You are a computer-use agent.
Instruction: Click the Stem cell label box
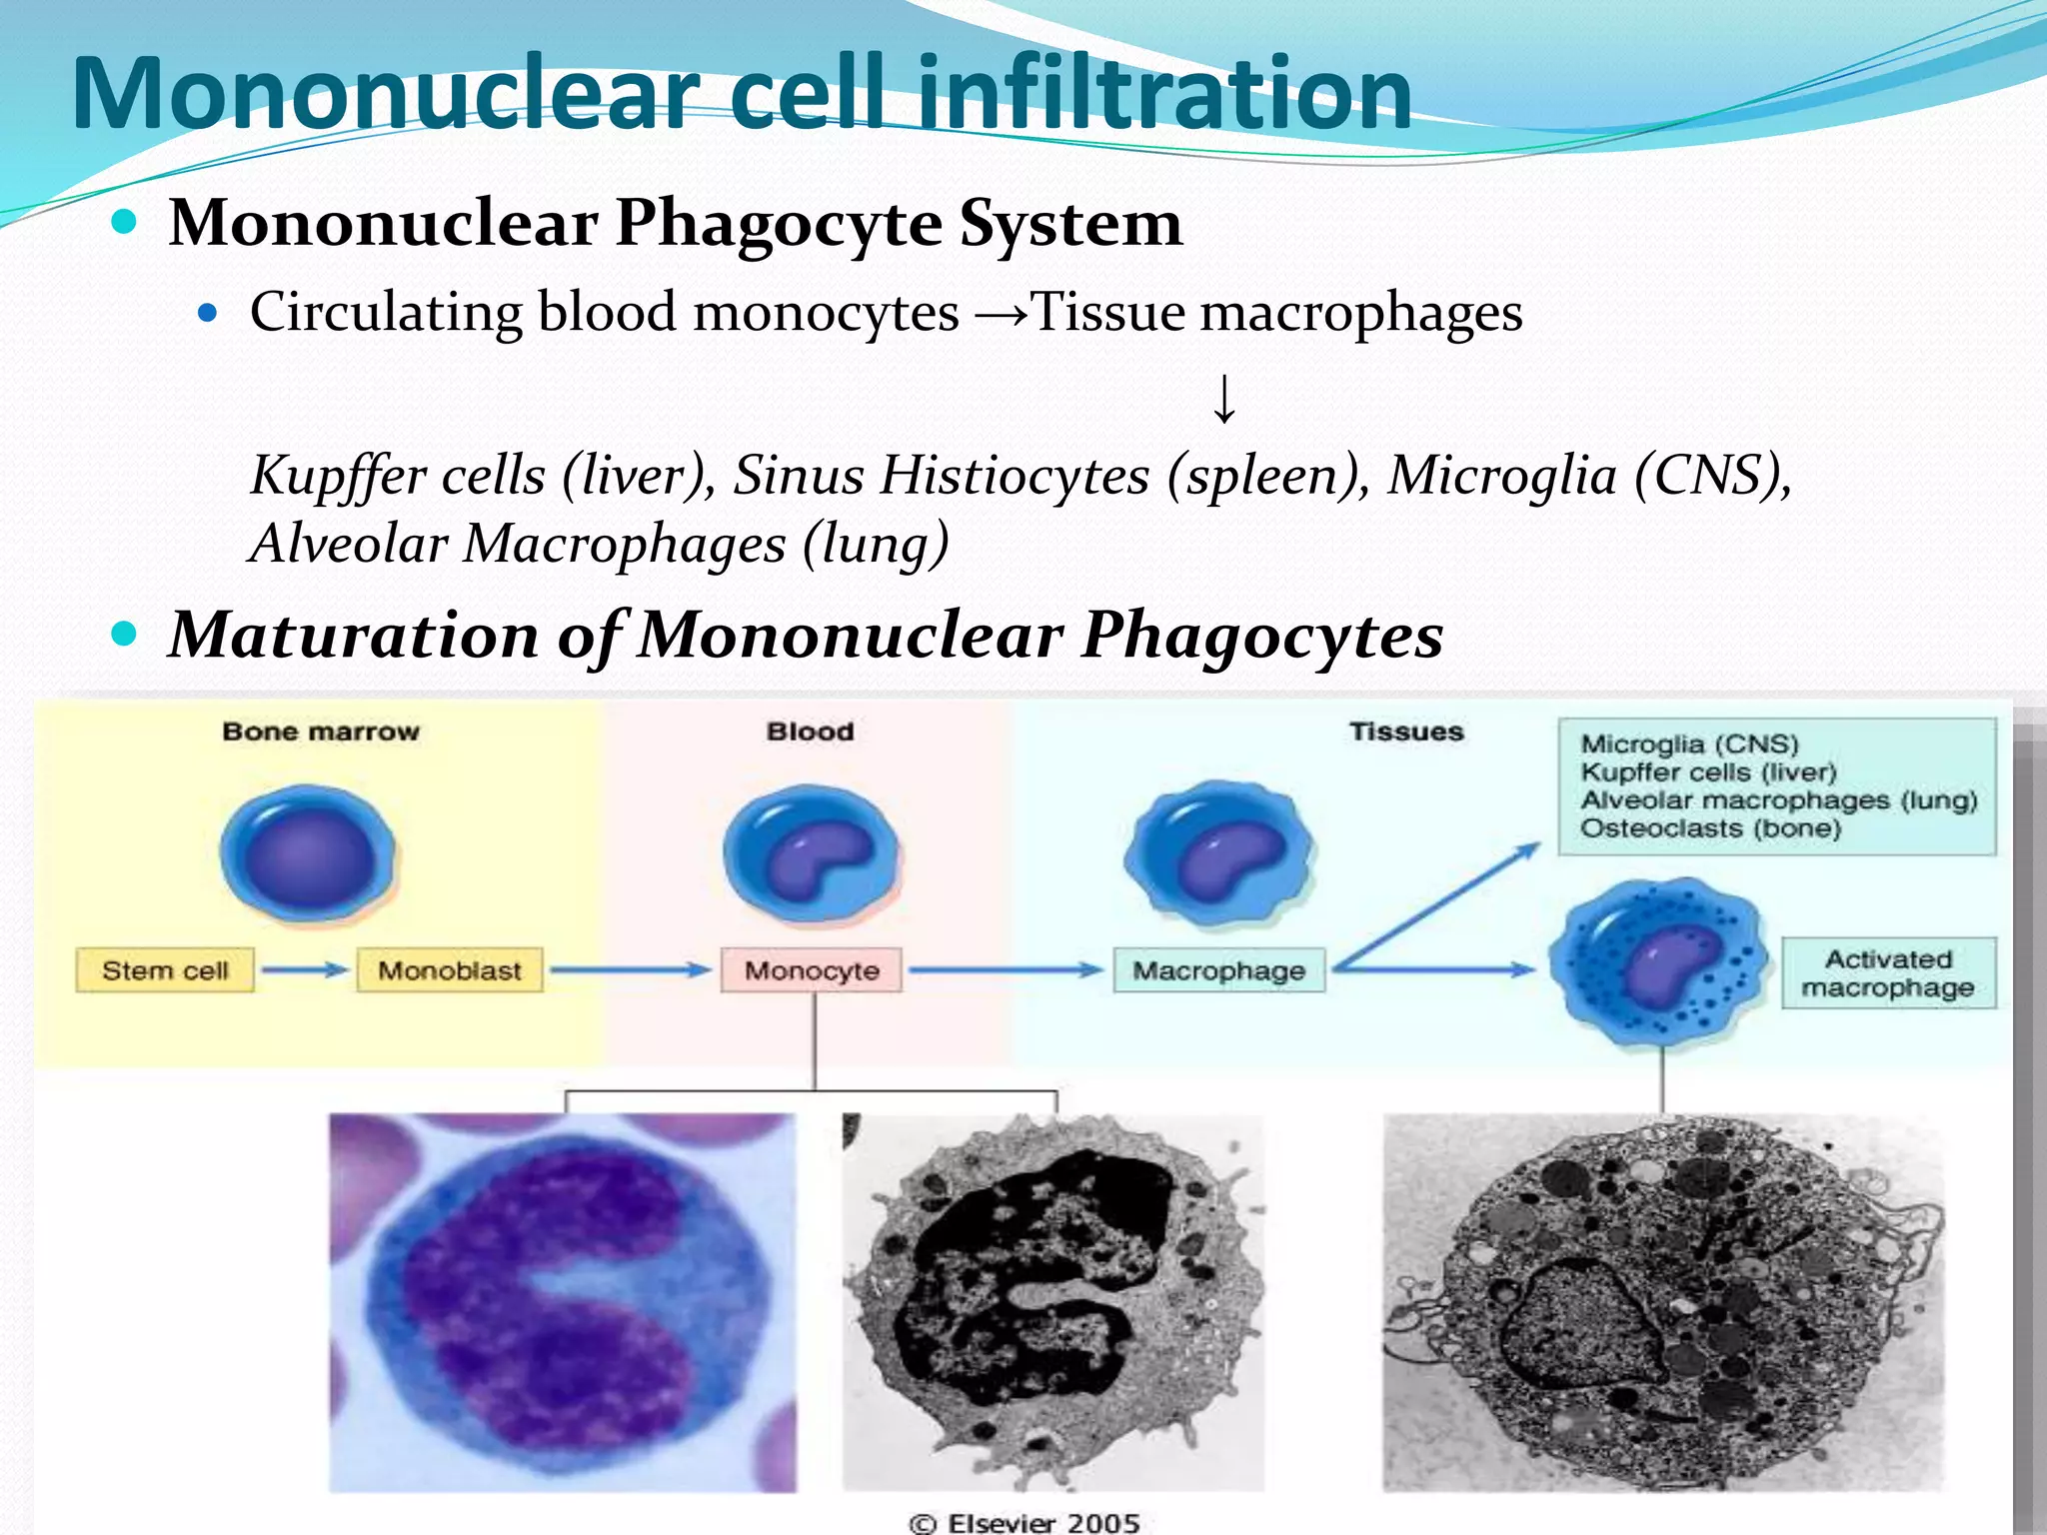pyautogui.click(x=165, y=970)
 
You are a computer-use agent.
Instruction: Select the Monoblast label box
pyautogui.click(x=450, y=970)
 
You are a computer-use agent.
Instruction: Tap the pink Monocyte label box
pyautogui.click(x=812, y=970)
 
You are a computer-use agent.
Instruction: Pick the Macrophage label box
pyautogui.click(x=1218, y=970)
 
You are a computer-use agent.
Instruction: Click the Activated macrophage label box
pyautogui.click(x=1888, y=973)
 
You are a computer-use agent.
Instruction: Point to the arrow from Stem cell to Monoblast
pyautogui.click(x=305, y=969)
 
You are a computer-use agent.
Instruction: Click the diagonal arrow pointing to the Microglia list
pyautogui.click(x=1439, y=905)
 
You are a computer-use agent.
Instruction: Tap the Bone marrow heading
pyautogui.click(x=321, y=732)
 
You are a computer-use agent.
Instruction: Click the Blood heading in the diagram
pyautogui.click(x=810, y=732)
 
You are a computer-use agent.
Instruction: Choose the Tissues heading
pyautogui.click(x=1406, y=732)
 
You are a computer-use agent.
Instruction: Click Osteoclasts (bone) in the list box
pyautogui.click(x=1710, y=828)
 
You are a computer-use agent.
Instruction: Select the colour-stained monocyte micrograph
pyautogui.click(x=563, y=1302)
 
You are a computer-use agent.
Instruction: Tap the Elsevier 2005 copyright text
pyautogui.click(x=1024, y=1522)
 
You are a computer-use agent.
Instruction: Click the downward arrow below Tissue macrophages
pyautogui.click(x=1224, y=399)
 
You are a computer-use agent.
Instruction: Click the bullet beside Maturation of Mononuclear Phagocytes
pyautogui.click(x=124, y=634)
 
